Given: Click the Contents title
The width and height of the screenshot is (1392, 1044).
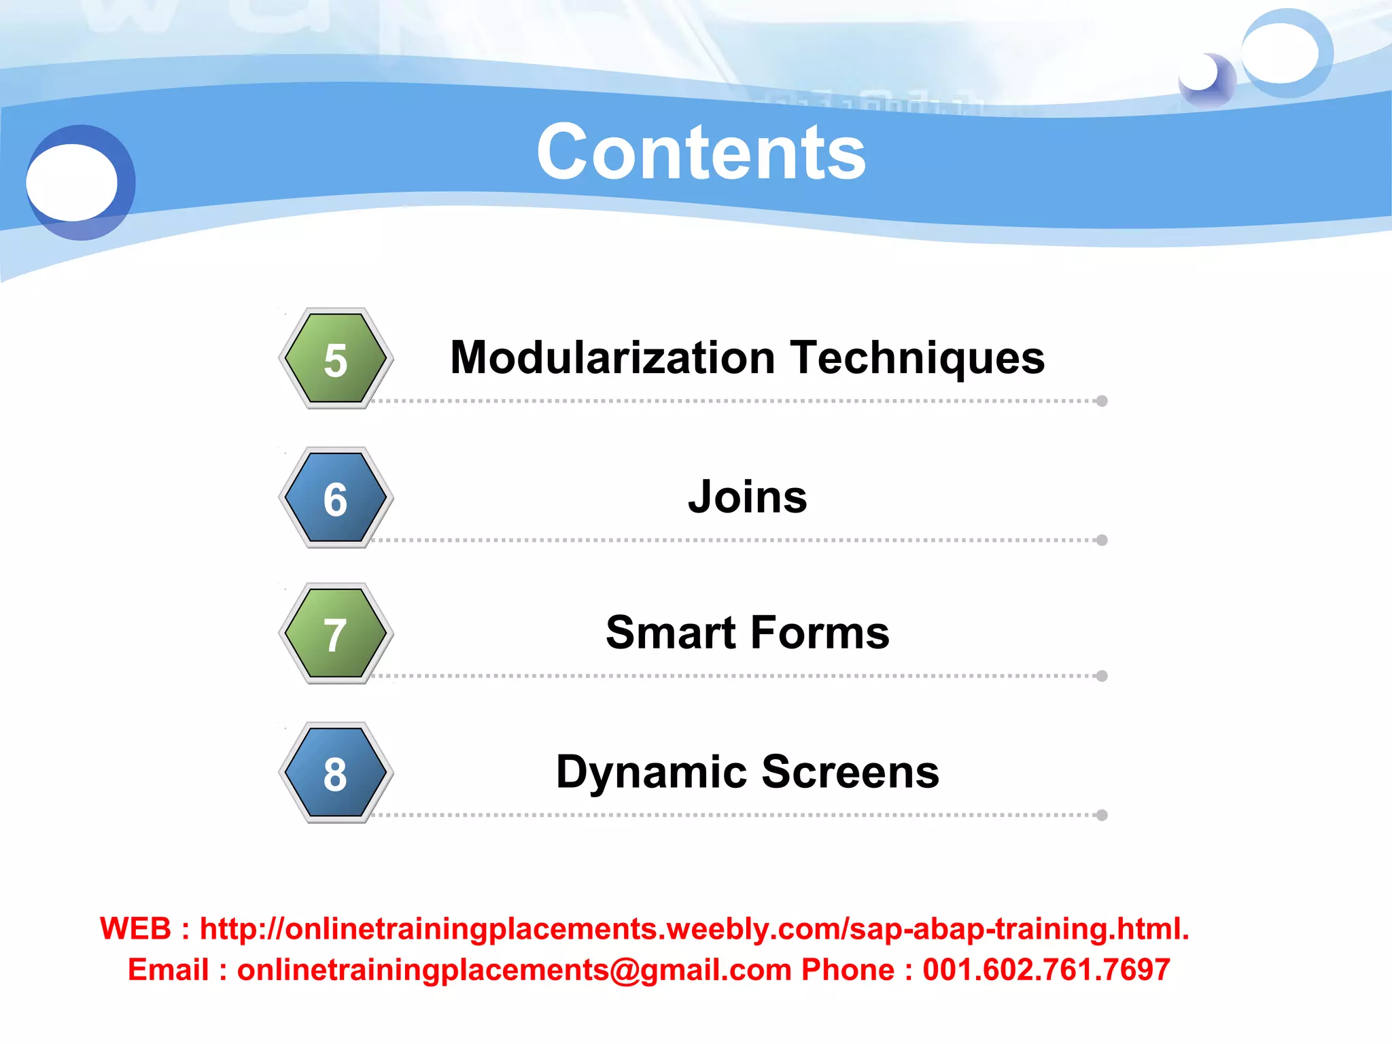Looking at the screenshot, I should [x=701, y=153].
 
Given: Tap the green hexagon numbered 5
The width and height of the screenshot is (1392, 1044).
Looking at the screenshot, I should [x=336, y=358].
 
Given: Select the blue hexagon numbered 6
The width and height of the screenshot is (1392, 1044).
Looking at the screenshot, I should [x=336, y=498].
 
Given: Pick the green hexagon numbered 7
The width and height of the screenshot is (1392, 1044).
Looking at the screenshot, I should [x=336, y=633].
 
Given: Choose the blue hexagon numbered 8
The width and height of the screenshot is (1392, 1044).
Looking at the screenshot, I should [x=336, y=773].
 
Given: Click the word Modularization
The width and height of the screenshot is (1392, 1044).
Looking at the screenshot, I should [x=612, y=358].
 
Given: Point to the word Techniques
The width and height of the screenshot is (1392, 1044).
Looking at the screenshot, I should [x=918, y=359].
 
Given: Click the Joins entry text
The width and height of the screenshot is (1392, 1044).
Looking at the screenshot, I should [x=748, y=497].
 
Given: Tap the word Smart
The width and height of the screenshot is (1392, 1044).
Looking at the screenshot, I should [x=671, y=633].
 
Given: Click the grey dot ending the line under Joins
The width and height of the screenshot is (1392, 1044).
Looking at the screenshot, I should [x=1102, y=540].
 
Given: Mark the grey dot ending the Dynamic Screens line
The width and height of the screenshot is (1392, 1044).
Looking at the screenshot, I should [x=1102, y=815].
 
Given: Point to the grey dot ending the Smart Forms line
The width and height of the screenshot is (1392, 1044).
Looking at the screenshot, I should [x=1102, y=676].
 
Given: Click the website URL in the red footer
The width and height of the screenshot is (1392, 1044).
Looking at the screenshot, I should [x=694, y=929].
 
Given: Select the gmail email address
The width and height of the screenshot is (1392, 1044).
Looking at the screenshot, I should [x=514, y=970].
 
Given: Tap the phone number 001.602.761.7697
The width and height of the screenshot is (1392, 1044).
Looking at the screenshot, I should [x=1046, y=970].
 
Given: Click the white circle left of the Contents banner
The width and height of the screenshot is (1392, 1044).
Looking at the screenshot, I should [x=72, y=182].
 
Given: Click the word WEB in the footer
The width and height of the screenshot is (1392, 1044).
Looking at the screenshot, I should [x=135, y=929].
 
